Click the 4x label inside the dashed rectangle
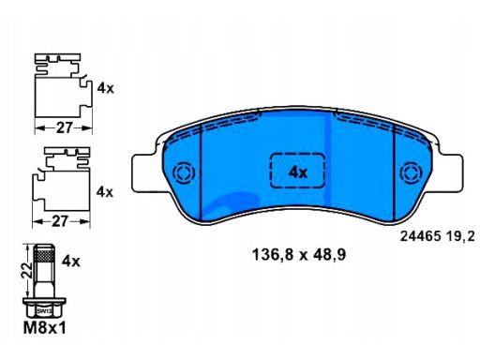(x=297, y=172)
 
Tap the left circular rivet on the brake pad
(x=184, y=172)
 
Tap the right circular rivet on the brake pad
(x=412, y=172)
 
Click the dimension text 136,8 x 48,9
(x=299, y=255)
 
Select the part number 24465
(x=421, y=236)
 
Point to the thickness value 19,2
(x=460, y=236)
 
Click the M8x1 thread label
(x=45, y=328)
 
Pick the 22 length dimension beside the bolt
(x=26, y=270)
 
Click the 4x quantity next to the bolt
(x=71, y=261)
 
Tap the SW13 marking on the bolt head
(x=44, y=311)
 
